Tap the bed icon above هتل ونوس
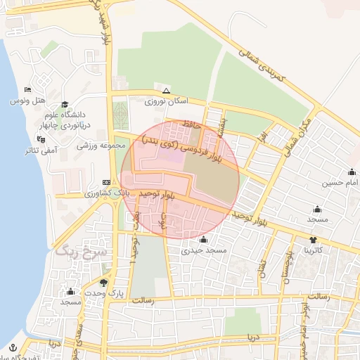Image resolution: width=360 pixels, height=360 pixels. pos(27,90)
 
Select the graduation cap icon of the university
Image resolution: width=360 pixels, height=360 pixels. pos(65,103)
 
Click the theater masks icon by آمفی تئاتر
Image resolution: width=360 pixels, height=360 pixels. pos(41,139)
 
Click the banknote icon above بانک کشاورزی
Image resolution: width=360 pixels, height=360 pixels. pos(106,181)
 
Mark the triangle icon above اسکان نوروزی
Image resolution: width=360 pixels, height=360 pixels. pos(166,91)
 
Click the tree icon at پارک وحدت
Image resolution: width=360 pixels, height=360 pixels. pos(105,282)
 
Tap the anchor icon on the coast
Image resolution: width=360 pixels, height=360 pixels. pos(13,346)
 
